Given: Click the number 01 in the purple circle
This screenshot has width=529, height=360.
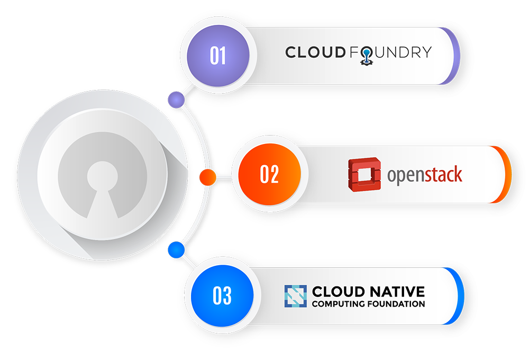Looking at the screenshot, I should click(x=217, y=56).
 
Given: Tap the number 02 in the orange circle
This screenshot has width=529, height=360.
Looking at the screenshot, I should click(x=269, y=175).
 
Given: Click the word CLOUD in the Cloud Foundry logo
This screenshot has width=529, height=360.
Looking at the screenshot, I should click(x=315, y=52).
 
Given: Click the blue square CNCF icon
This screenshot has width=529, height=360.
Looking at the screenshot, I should click(x=295, y=296).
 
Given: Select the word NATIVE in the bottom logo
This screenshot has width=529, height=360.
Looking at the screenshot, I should click(x=397, y=291).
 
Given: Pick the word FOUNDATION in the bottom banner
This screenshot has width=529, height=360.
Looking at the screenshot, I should click(x=397, y=304).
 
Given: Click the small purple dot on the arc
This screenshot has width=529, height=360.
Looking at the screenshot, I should click(x=176, y=99).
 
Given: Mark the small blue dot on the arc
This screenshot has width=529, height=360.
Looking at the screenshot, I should click(x=175, y=249).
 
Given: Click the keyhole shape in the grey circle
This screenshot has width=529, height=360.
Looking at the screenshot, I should click(x=102, y=185).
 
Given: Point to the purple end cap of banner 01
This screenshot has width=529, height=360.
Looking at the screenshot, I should click(x=454, y=56).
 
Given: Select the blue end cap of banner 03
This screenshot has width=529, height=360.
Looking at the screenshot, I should click(x=459, y=295).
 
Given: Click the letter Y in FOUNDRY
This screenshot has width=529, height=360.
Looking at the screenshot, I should click(x=426, y=52).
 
